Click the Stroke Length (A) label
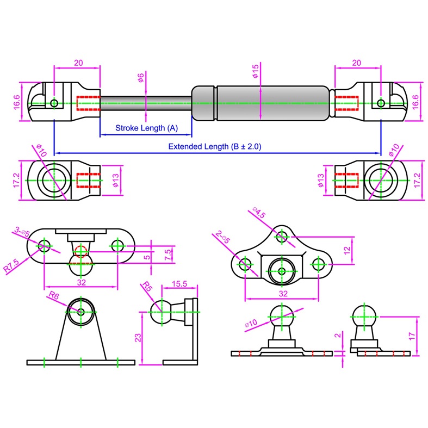[x=146, y=128]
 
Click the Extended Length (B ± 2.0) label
[x=218, y=146]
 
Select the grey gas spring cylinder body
[x=261, y=103]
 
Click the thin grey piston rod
[x=146, y=103]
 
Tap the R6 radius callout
[x=53, y=295]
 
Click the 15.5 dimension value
[x=180, y=284]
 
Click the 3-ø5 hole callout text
[x=21, y=232]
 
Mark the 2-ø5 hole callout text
[x=224, y=237]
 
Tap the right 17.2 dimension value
[x=418, y=180]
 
